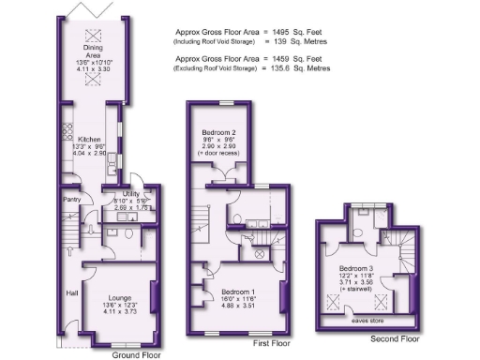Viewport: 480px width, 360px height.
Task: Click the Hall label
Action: click(x=71, y=293)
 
